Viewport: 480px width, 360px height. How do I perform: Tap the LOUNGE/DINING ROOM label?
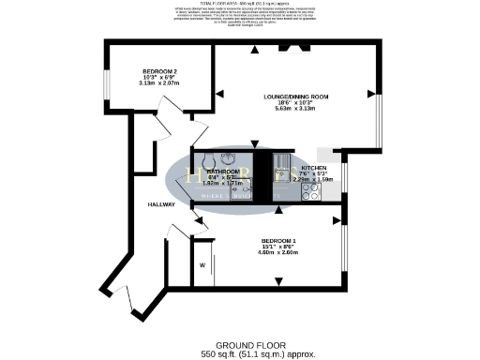[295, 97]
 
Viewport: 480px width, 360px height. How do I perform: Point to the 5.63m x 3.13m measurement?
[295, 109]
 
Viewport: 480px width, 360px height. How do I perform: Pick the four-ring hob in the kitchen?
[310, 193]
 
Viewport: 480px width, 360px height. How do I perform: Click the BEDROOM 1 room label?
[279, 240]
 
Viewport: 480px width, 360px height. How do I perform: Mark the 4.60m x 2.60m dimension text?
[279, 252]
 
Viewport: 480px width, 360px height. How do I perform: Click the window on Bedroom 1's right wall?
[347, 254]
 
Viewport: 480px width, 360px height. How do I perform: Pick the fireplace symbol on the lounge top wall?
[292, 45]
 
